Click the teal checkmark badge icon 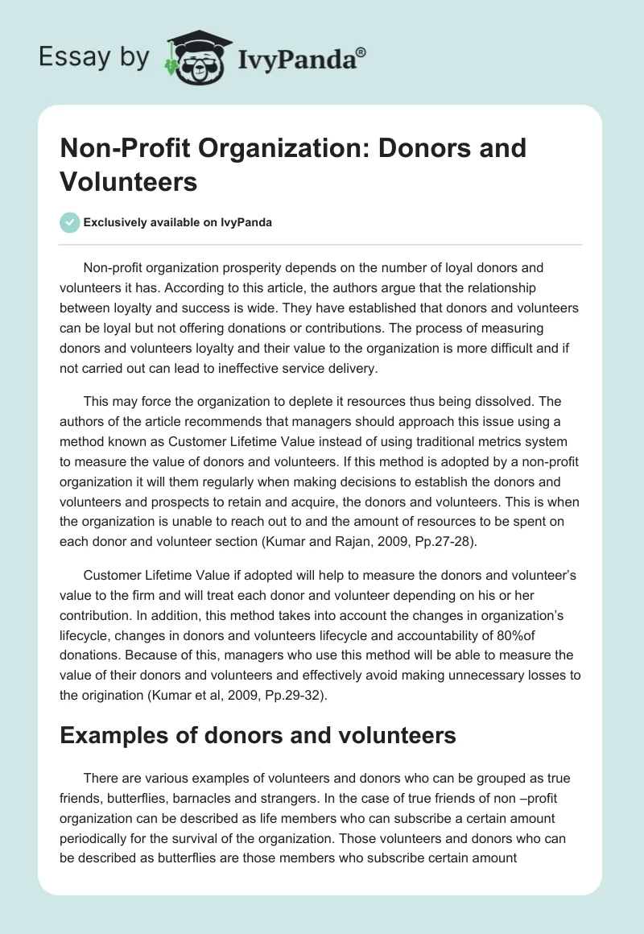(x=70, y=222)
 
